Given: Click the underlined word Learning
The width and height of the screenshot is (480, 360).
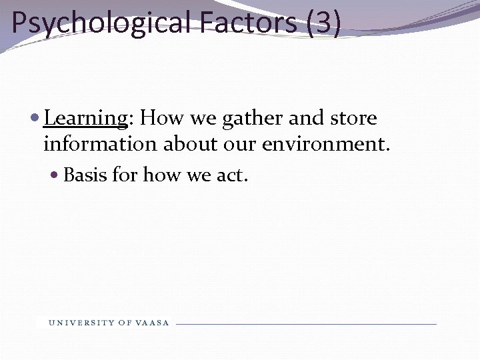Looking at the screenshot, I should [x=85, y=119].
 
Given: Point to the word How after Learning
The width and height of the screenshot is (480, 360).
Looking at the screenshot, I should [x=162, y=119].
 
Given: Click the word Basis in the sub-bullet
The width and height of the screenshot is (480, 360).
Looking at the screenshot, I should [x=85, y=175].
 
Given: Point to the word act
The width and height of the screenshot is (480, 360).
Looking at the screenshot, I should [x=233, y=175].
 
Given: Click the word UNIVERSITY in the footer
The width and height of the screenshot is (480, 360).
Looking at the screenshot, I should [x=81, y=323].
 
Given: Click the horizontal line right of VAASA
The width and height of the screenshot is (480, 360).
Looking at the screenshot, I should [x=307, y=324].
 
